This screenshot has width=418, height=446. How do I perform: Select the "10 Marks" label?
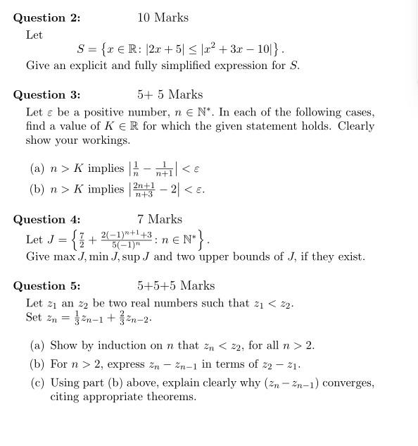(x=163, y=18)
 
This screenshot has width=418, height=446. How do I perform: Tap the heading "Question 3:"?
(x=47, y=95)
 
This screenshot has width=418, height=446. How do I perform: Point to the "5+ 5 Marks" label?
(x=170, y=95)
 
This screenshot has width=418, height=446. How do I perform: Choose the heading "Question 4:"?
(x=47, y=219)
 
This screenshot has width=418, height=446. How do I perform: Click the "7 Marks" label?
(x=160, y=219)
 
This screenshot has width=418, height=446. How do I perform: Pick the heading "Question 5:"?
(x=47, y=286)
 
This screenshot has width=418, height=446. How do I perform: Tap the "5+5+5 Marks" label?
(x=176, y=286)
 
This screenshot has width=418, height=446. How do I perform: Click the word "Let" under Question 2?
(x=34, y=35)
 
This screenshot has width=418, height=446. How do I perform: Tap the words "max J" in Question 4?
(x=68, y=256)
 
